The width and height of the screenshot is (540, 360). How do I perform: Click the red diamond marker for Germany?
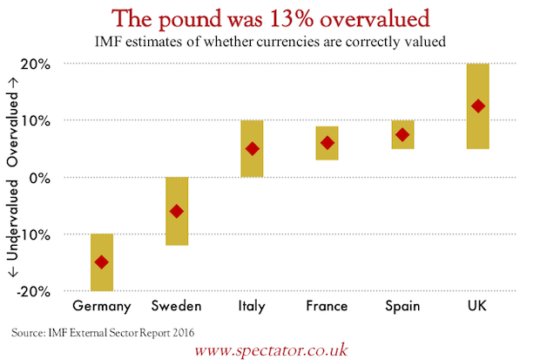102,262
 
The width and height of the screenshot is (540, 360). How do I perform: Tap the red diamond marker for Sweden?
177,211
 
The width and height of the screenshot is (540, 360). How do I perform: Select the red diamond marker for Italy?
252,148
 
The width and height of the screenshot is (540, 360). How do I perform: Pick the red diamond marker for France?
327,143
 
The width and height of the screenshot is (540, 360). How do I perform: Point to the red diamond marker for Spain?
402,134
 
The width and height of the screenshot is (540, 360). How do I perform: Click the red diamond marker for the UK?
477,106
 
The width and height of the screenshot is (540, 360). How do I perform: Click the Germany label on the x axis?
102,306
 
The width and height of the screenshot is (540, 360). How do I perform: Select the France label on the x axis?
327,306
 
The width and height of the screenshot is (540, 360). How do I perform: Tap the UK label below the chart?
477,306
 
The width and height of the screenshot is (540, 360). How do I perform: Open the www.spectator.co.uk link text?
272,350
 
